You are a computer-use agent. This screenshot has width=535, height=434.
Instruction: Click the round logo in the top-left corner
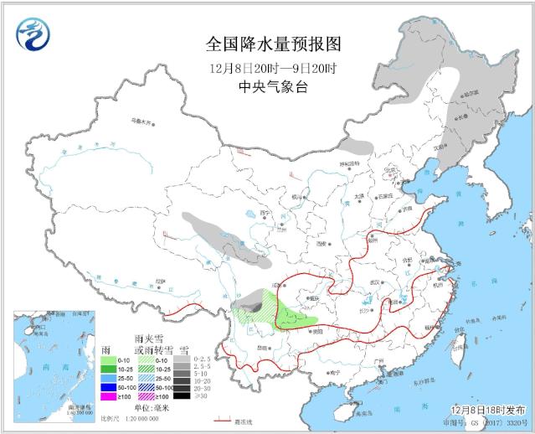(x=33, y=33)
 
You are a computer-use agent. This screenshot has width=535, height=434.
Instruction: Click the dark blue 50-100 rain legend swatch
(x=107, y=386)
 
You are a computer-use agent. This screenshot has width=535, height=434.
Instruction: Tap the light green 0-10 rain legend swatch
(x=107, y=357)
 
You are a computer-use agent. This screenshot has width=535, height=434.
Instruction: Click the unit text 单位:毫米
(x=151, y=408)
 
